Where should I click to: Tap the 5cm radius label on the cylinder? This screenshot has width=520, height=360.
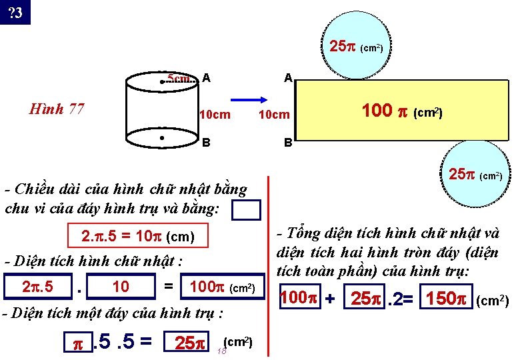pyautogui.click(x=181, y=79)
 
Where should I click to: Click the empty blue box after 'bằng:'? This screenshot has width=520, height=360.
pyautogui.click(x=247, y=210)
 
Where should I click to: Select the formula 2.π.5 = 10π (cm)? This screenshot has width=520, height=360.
pyautogui.click(x=137, y=237)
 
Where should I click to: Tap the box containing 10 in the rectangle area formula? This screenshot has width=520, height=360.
pyautogui.click(x=121, y=287)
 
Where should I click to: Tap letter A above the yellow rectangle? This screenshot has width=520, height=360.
pyautogui.click(x=288, y=78)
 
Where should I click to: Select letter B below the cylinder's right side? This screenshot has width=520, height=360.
pyautogui.click(x=207, y=142)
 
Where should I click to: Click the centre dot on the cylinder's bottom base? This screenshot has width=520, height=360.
pyautogui.click(x=163, y=138)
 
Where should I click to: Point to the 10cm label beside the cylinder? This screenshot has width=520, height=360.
pyautogui.click(x=215, y=115)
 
